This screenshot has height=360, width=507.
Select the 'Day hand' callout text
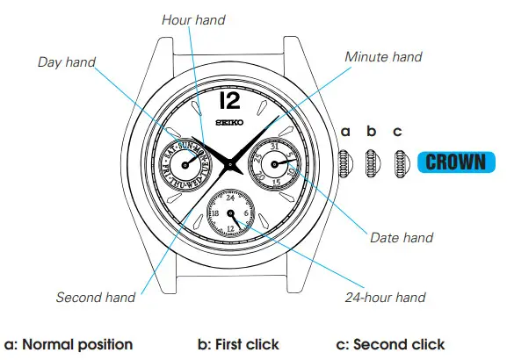pos(67,62)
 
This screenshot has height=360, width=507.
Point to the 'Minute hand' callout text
pos(383,57)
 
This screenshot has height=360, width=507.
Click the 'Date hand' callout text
pos(401,238)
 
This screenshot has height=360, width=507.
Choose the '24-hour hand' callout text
pos(387,297)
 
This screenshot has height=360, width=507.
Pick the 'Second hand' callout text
pos(96,297)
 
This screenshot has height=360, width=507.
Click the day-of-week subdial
pos(188,163)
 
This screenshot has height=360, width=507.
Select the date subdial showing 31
pos(273,163)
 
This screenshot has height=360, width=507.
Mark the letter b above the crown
pos(372,132)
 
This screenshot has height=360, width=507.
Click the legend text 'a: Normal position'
pos(69,344)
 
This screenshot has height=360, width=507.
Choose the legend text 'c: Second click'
pos(391,344)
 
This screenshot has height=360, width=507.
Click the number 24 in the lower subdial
pos(231,198)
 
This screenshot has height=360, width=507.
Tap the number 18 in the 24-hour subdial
pos(214,213)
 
